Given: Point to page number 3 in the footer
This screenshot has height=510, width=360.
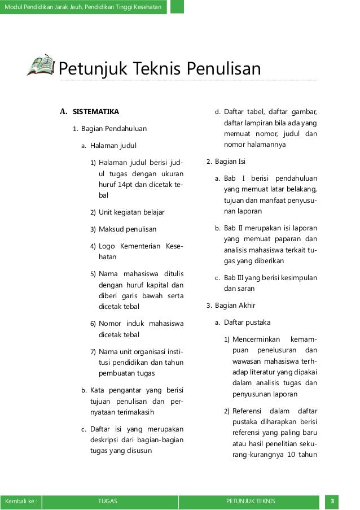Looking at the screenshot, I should coord(333,501).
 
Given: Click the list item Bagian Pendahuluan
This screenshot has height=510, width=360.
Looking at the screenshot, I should coord(113,129).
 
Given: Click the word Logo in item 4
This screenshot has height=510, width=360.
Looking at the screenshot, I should coord(107,246).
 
